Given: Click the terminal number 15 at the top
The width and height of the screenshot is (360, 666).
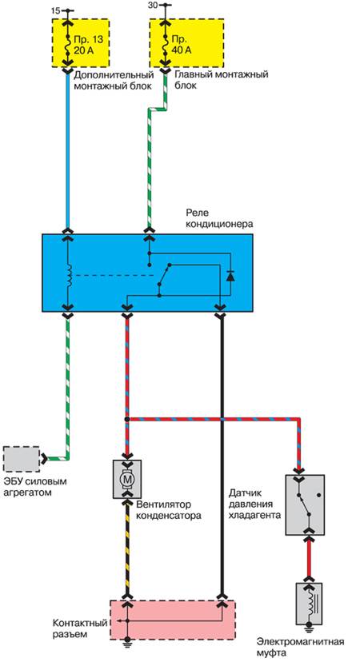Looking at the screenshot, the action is (x=55, y=11).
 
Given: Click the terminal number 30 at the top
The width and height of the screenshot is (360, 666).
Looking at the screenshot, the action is (x=153, y=6).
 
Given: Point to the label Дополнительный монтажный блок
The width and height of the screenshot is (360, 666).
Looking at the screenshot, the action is (x=114, y=80).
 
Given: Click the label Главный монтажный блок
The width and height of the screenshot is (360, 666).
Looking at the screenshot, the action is (x=222, y=80).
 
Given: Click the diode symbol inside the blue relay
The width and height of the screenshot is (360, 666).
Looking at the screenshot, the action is (x=230, y=276).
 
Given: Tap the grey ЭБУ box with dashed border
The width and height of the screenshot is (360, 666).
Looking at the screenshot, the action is (x=21, y=459).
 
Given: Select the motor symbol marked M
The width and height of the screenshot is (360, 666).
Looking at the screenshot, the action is (x=127, y=479).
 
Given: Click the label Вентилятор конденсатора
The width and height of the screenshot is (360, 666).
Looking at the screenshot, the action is (x=169, y=510).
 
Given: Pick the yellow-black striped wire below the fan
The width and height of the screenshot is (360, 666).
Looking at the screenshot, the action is (x=127, y=548).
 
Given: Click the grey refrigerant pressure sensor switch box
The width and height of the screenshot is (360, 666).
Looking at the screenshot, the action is (x=305, y=504).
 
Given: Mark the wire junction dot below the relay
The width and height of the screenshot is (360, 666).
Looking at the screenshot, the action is (x=127, y=419).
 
